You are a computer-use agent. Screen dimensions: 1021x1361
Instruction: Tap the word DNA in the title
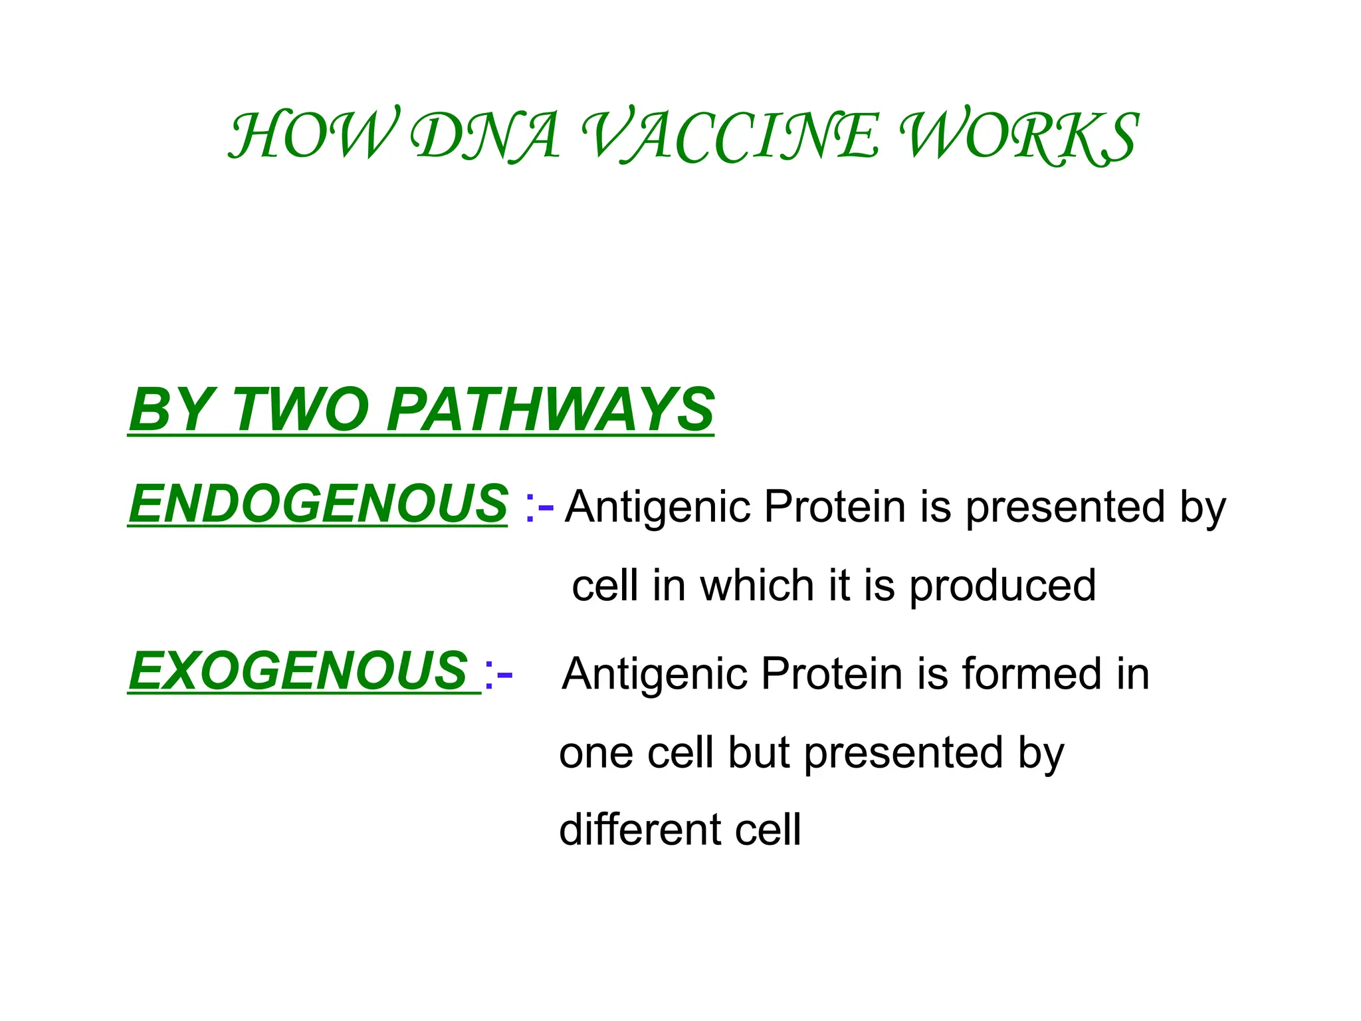pos(485,136)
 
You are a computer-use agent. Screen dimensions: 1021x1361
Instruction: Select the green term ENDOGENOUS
pos(318,503)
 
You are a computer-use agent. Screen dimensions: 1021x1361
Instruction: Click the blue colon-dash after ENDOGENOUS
pos(538,507)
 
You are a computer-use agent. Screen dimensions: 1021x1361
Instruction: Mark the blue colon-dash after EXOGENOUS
pos(498,674)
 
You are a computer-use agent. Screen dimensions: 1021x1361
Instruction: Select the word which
pos(757,586)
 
